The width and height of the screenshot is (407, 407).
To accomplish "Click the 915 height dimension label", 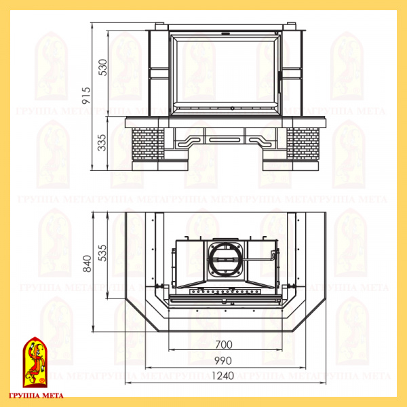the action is tap(86, 96).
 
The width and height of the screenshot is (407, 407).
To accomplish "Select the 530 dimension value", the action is tap(103, 67).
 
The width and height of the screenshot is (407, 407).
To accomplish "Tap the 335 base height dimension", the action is tap(102, 142).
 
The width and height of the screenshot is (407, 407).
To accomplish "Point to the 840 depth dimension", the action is tap(88, 264).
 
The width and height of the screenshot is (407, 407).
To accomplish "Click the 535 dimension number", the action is tap(103, 253).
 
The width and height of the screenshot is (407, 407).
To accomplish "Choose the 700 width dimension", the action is tap(224, 345).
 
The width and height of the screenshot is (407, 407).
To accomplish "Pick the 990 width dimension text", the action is tap(223, 361).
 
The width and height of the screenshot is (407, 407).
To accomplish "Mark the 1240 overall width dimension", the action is tap(223, 376).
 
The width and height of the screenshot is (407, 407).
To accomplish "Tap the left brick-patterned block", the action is tap(148, 144).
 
